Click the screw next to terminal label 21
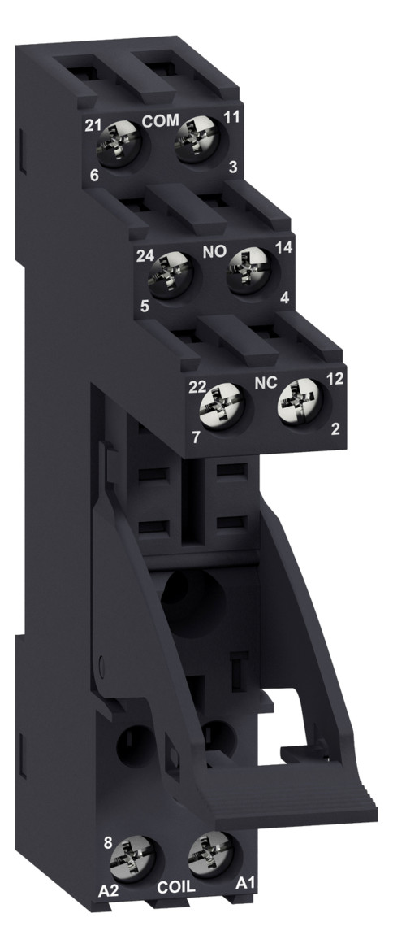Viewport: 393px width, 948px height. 119,142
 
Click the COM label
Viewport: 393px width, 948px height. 160,120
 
